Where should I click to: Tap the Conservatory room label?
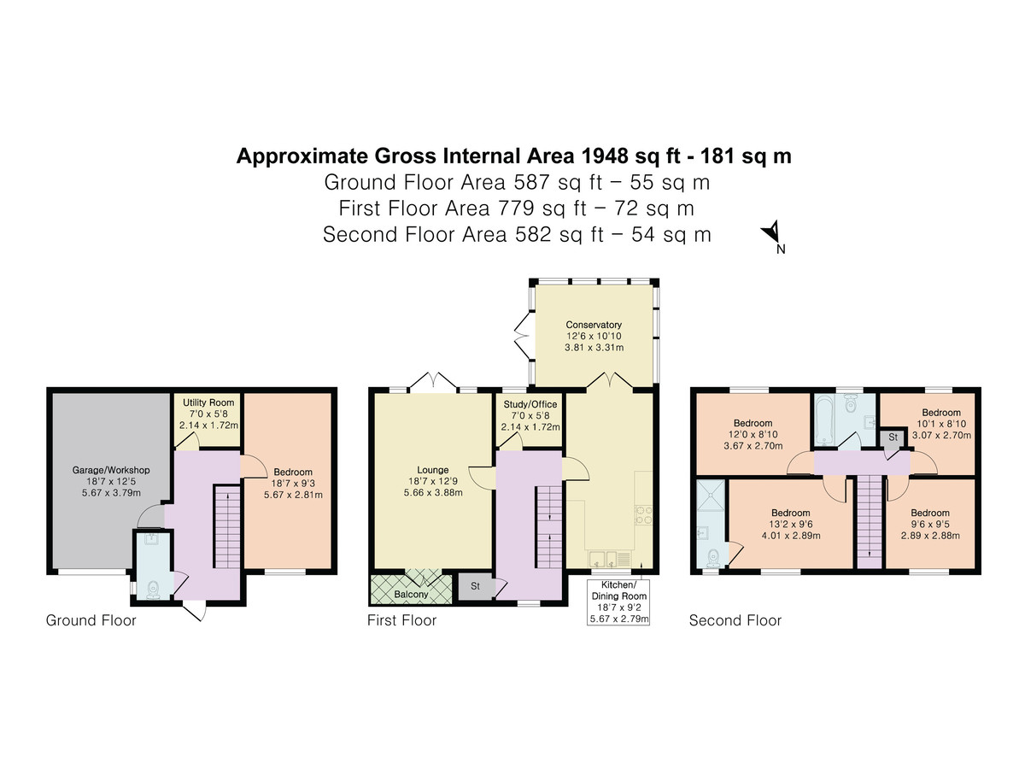(593, 325)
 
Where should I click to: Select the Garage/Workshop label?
(111, 470)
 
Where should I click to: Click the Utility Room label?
(208, 402)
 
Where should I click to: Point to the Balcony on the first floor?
(411, 589)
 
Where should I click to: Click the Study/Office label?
(530, 404)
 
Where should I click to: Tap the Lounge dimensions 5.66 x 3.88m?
(433, 492)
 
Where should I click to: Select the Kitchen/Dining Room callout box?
(618, 602)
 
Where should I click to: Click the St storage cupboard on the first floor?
(475, 586)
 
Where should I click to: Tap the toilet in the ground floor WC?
(153, 590)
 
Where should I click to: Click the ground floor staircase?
(227, 526)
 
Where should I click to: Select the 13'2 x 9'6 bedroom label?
(791, 524)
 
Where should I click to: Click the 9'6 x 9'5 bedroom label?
(929, 524)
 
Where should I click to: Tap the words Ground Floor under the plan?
(91, 620)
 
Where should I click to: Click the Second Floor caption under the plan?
(735, 620)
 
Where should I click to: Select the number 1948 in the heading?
(605, 156)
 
